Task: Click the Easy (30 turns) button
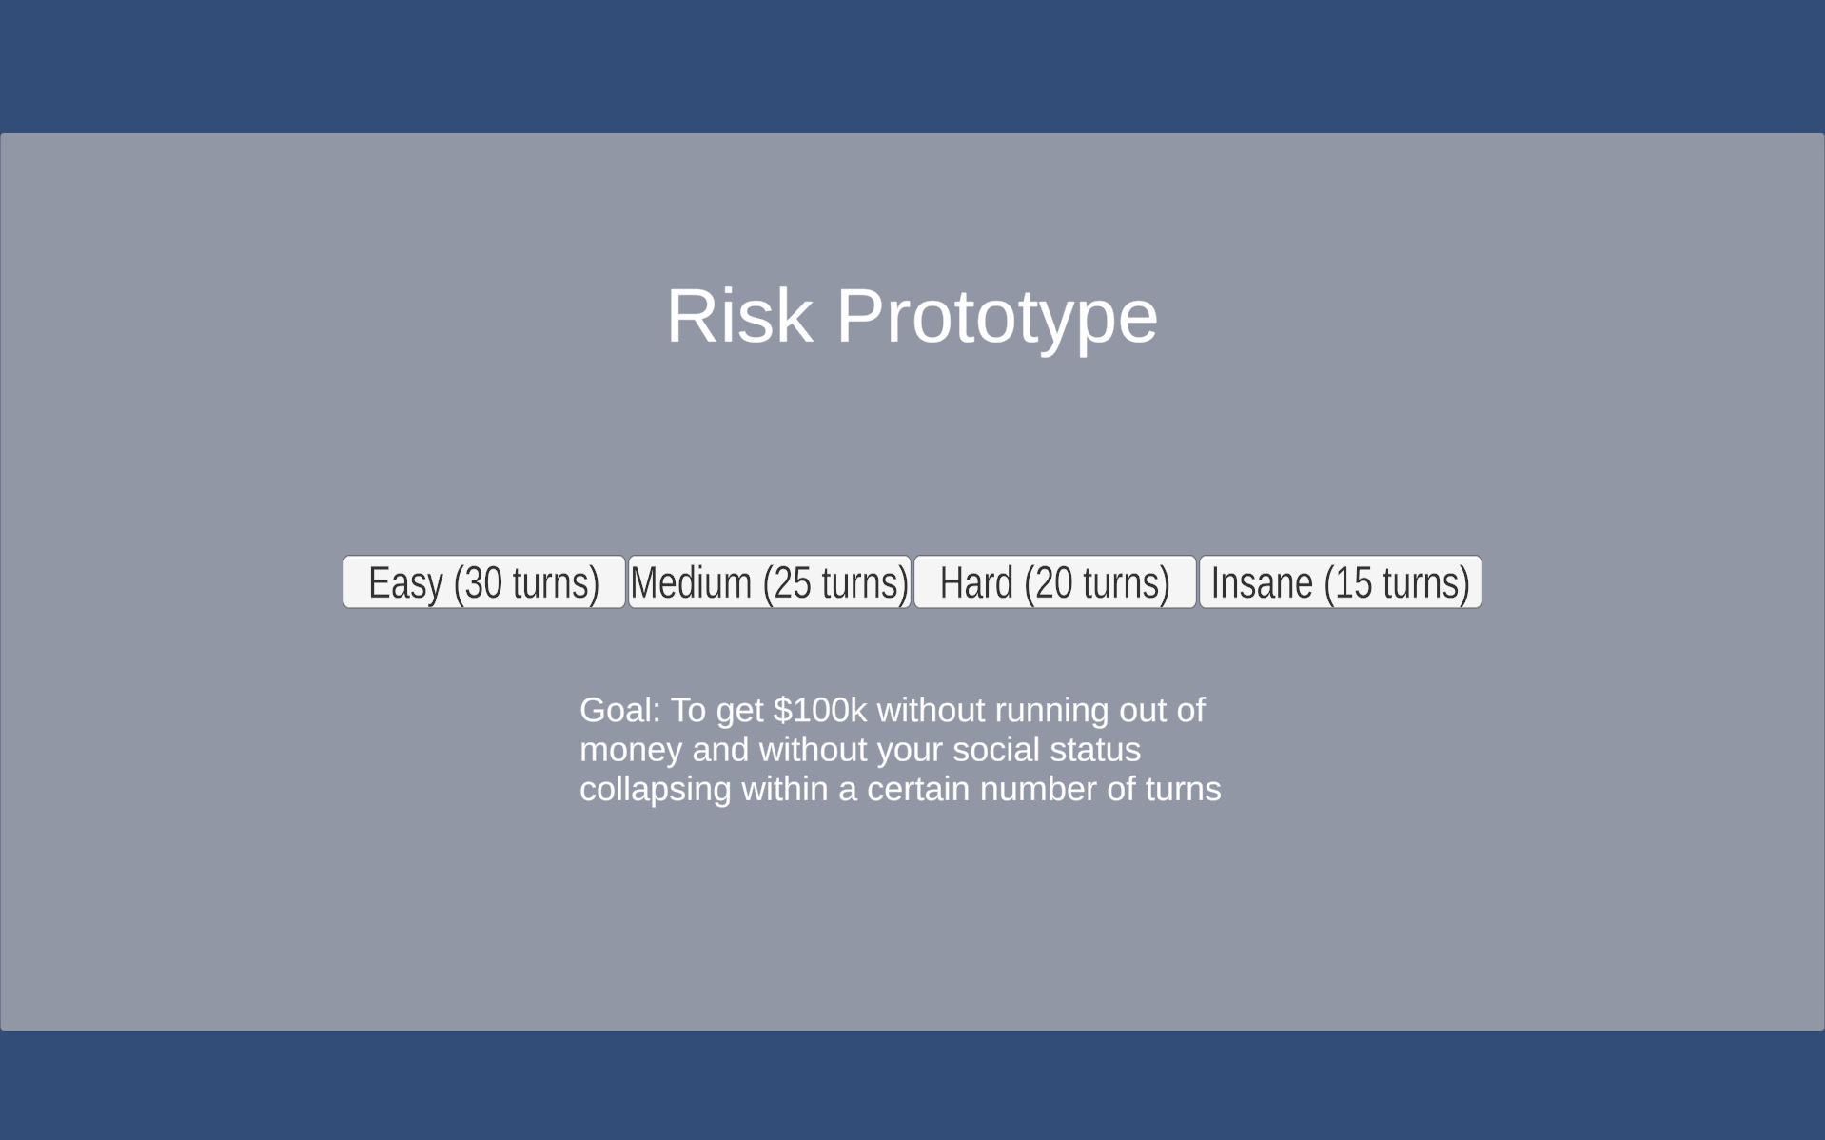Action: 484,581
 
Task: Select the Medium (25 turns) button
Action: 770,581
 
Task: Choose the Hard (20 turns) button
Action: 1055,581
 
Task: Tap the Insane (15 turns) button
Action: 1341,581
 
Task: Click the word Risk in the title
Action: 739,316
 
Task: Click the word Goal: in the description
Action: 619,710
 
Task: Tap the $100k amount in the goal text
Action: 820,710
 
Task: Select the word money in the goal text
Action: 631,751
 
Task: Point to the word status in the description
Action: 1095,750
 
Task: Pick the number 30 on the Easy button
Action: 483,582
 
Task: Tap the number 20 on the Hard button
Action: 1054,582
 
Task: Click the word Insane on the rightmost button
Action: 1262,582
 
